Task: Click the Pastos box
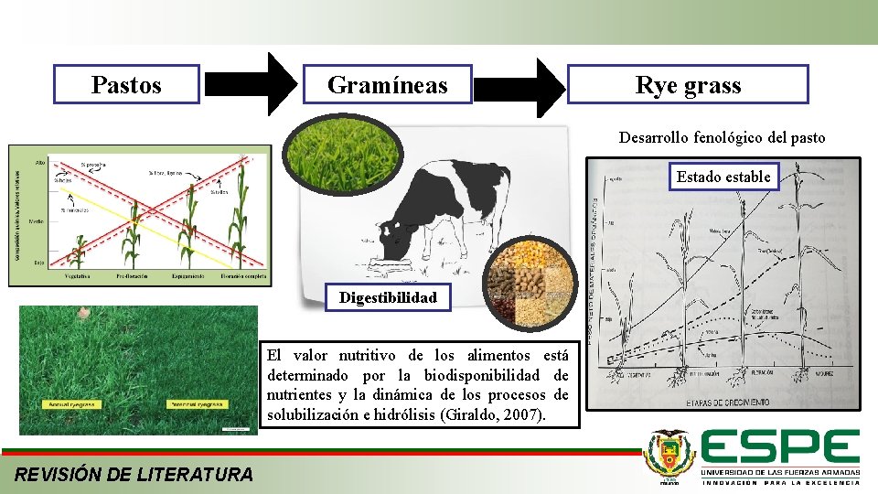(126, 85)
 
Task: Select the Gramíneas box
(387, 85)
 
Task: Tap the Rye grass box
(688, 85)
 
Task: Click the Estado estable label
(723, 177)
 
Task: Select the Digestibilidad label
(388, 297)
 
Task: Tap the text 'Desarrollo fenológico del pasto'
(722, 138)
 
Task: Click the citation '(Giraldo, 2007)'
(494, 415)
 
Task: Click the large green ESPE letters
(780, 447)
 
